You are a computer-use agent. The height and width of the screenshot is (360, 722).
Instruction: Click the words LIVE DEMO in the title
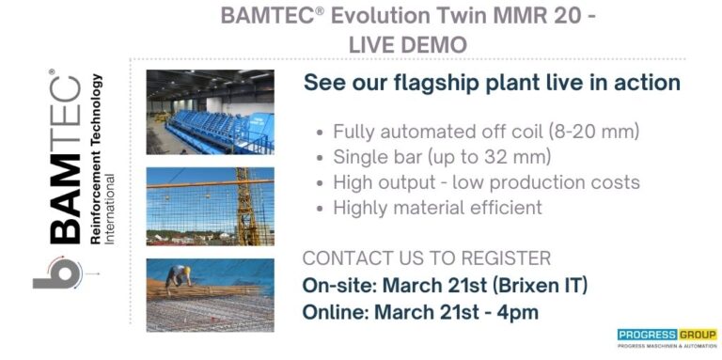click(x=407, y=44)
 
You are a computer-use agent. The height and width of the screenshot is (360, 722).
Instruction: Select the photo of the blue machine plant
click(x=210, y=112)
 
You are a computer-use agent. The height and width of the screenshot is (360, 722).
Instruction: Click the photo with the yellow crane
click(x=210, y=205)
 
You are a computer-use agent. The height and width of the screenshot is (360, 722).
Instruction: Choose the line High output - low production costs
click(x=486, y=182)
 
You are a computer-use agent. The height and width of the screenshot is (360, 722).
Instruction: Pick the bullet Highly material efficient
click(x=437, y=208)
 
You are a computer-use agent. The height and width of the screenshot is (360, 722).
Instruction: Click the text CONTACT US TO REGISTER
click(x=427, y=258)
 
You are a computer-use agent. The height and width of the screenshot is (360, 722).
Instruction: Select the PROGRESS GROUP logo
click(x=667, y=336)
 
